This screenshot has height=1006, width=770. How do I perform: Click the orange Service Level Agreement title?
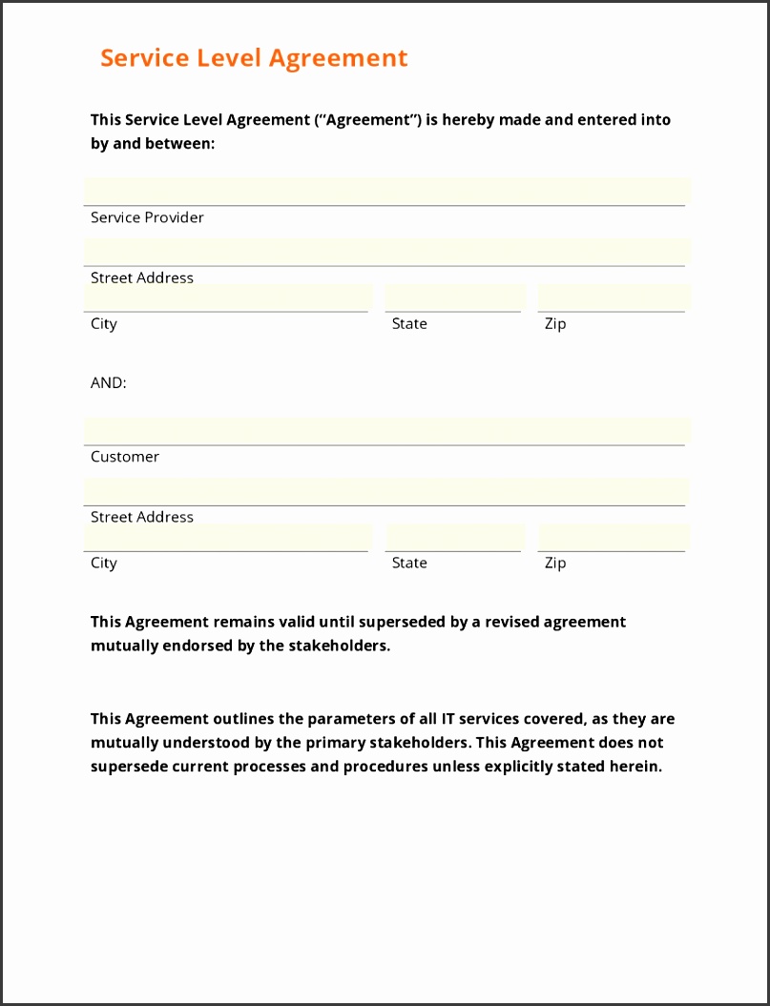(x=254, y=58)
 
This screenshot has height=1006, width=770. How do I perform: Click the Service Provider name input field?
(x=385, y=191)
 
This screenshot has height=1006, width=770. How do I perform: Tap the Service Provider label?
(x=147, y=217)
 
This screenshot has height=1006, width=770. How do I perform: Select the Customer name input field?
(x=385, y=431)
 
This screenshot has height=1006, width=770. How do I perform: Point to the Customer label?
(x=125, y=457)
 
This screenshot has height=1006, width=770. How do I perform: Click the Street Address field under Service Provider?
(x=385, y=252)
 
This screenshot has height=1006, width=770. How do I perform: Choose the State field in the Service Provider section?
(x=454, y=298)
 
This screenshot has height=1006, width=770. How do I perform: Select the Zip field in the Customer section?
(x=612, y=537)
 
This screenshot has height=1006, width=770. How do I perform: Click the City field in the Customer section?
(x=227, y=537)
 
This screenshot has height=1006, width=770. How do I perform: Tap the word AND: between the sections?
(x=109, y=382)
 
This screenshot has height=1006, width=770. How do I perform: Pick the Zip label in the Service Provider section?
(x=555, y=324)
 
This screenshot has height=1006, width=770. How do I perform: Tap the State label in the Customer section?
(x=409, y=564)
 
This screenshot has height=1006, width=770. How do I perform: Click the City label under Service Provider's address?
(x=104, y=324)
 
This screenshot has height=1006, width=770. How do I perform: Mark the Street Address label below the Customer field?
(x=142, y=517)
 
